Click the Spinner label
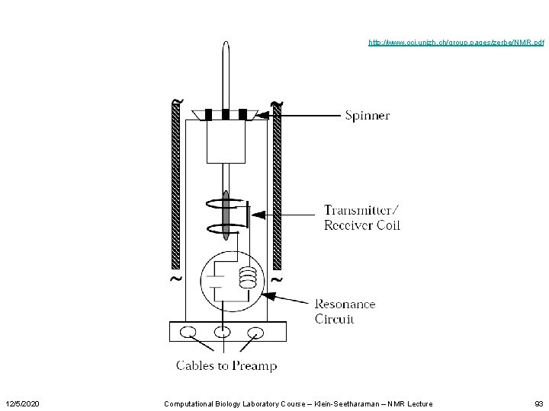368,116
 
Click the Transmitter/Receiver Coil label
361,217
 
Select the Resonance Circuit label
345,311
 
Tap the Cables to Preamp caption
226,365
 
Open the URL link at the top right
455,43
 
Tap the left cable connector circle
188,332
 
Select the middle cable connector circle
222,332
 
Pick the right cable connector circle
256,332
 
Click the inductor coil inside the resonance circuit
246,278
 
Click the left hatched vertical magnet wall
176,186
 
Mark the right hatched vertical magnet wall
277,186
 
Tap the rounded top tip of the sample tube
226,44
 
